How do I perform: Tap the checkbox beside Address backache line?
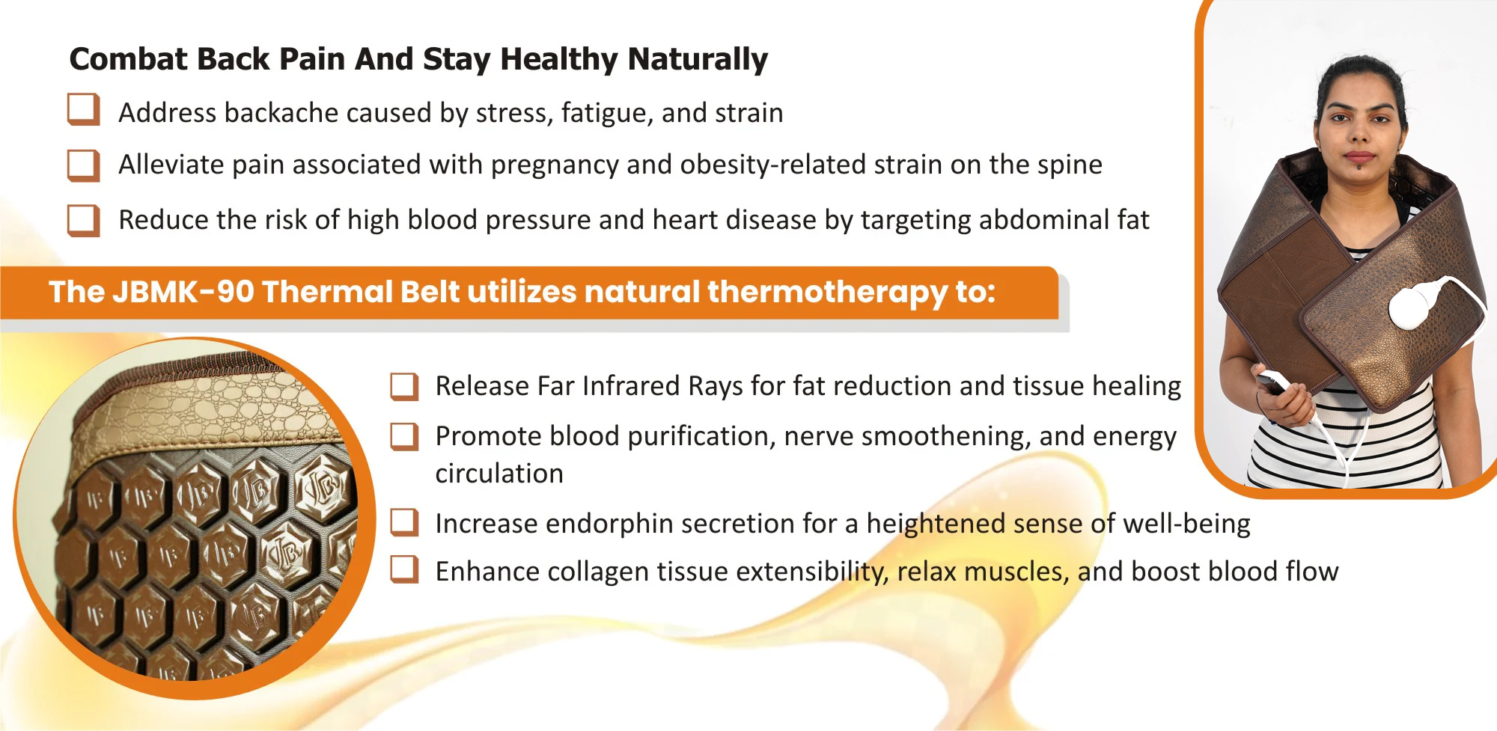[x=83, y=110]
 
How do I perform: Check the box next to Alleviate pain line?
[x=83, y=165]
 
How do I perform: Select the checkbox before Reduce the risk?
[x=83, y=221]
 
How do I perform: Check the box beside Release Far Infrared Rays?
[x=404, y=386]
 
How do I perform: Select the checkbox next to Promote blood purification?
[x=404, y=436]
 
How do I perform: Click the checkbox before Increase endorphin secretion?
[x=404, y=523]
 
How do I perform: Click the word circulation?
[x=499, y=474]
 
